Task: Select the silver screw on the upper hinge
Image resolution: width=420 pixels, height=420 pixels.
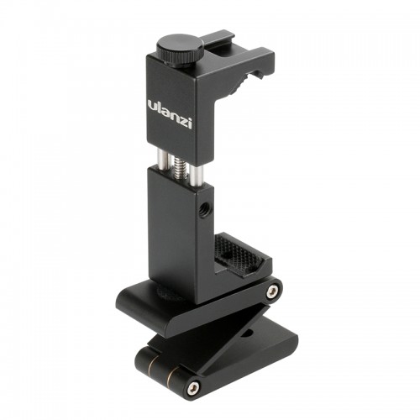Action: [x=272, y=291]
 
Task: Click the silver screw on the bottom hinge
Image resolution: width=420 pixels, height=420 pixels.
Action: [x=194, y=387]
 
